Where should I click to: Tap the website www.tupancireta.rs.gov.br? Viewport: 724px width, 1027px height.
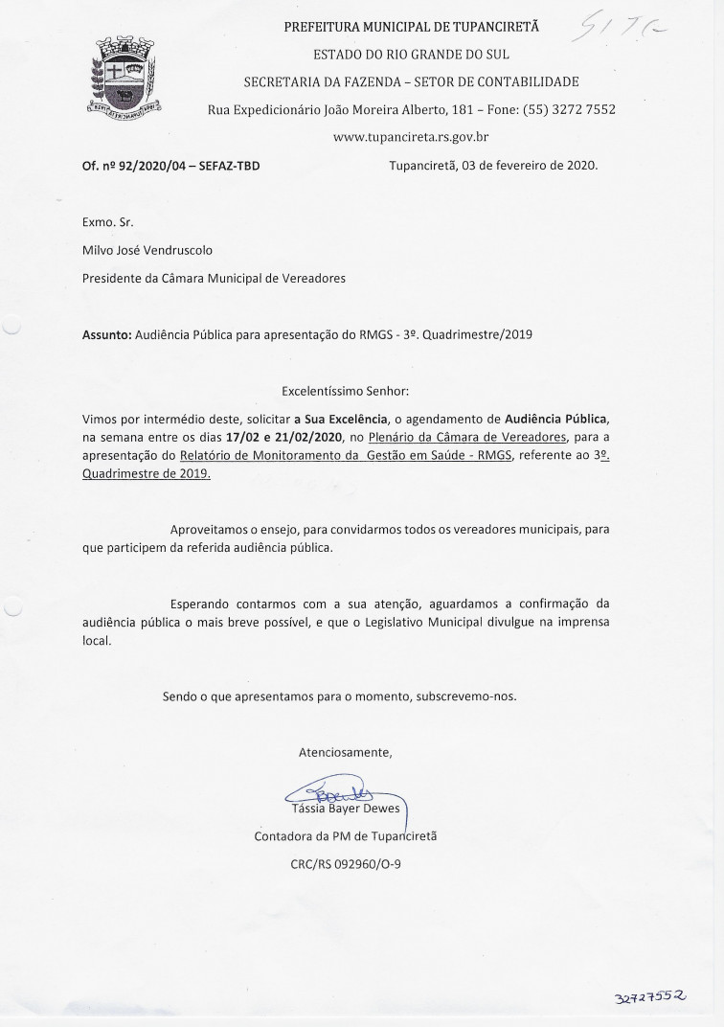(411, 137)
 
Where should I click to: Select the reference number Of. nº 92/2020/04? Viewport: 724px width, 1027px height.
(134, 166)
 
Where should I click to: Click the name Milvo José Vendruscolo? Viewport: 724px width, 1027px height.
(147, 250)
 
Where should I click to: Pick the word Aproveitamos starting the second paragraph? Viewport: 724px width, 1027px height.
(212, 530)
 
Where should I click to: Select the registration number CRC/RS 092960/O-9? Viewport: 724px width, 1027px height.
(346, 863)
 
